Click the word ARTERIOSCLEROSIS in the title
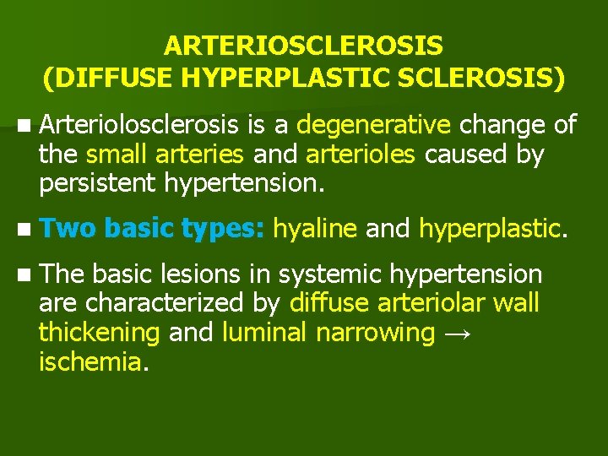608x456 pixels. point(304,44)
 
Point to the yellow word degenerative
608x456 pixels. point(374,126)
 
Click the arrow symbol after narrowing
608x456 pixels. point(457,334)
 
